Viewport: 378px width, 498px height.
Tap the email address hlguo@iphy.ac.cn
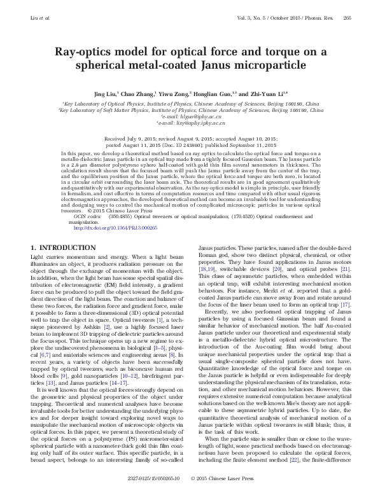(190, 116)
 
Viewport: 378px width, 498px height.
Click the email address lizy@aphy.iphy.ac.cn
(190, 123)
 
